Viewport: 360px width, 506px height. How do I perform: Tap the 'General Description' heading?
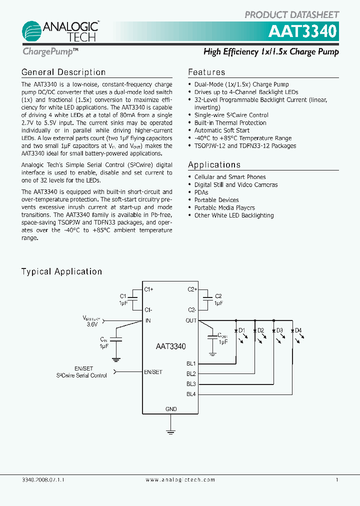coord(63,72)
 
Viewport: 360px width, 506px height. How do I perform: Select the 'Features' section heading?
coord(206,72)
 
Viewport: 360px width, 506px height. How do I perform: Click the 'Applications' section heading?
coord(214,165)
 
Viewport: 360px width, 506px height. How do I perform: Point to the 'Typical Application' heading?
coord(61,271)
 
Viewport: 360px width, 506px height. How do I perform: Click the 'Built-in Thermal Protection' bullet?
coord(230,122)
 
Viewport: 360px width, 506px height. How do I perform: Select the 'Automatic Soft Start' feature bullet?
coord(221,130)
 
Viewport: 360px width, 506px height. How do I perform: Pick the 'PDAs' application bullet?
coord(201,192)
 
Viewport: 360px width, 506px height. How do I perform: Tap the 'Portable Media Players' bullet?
coord(224,207)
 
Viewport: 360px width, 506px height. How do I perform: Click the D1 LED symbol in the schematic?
coord(236,331)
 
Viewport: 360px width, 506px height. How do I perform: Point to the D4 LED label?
coord(298,330)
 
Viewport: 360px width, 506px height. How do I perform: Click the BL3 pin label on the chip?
coord(191,384)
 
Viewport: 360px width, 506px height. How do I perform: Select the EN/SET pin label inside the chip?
coord(153,372)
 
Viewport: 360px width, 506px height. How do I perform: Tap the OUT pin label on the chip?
coord(191,320)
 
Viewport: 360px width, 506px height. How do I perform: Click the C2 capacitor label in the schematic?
coord(218,296)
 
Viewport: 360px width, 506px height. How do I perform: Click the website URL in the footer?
coord(180,479)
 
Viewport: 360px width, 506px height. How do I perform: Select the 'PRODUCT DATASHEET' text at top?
coord(291,15)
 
